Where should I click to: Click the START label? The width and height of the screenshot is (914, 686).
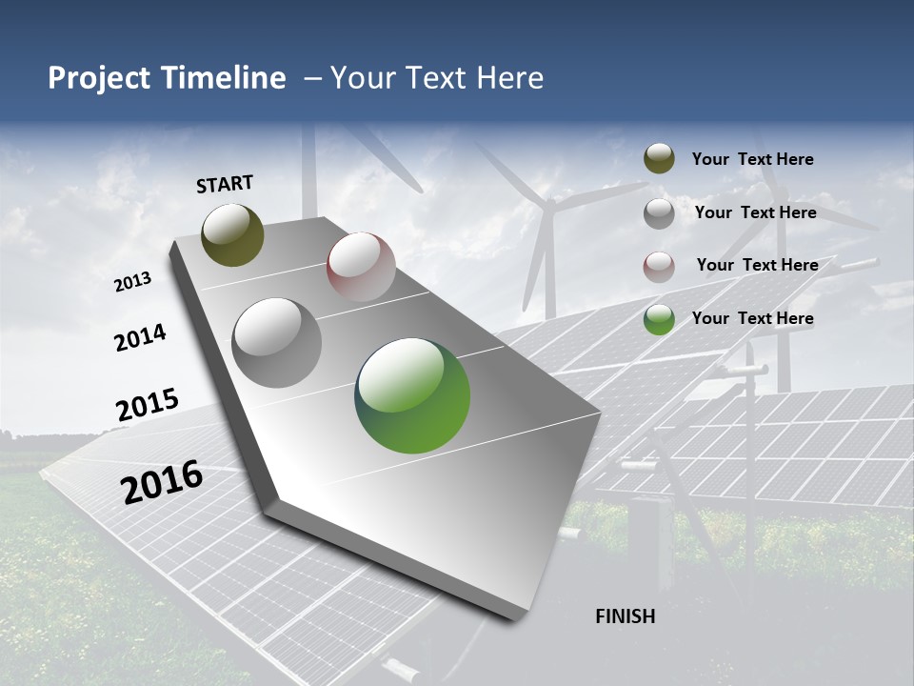point(225,184)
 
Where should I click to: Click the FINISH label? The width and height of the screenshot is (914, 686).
point(625,616)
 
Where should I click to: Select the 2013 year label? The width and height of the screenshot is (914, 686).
point(132,282)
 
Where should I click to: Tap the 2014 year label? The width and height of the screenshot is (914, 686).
point(140,338)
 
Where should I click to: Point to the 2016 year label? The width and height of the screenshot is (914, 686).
point(162,482)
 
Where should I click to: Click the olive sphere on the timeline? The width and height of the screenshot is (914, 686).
point(232,235)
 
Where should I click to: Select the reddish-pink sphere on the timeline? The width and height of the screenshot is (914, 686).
point(361,267)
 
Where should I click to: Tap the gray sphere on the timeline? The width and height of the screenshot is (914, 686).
point(277,343)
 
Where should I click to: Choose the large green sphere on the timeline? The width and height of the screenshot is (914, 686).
point(412,395)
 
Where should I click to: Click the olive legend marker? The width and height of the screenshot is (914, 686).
point(659,159)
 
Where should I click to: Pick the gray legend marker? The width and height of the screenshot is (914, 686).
point(659,213)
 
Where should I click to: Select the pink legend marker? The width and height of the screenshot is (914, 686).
point(659,267)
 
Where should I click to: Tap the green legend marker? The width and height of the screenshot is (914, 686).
point(659,319)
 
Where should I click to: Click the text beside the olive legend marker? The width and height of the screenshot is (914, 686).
point(752,159)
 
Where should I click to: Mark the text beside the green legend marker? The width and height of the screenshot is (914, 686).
point(752,318)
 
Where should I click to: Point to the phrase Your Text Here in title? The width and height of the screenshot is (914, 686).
point(437,78)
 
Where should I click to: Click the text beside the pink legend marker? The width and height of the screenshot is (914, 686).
point(757,265)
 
